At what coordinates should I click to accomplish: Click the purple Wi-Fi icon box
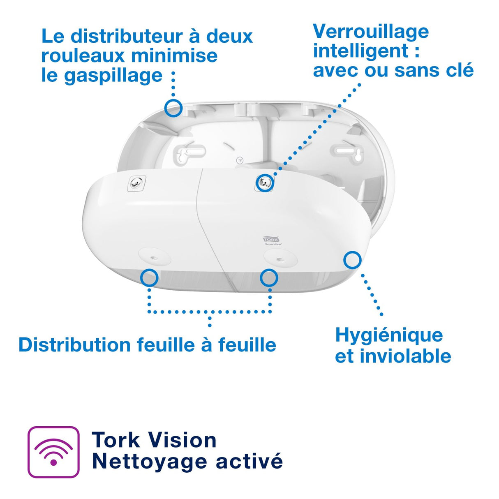point(53,452)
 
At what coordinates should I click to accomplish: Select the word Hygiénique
point(389,335)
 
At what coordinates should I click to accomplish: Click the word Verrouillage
point(371,32)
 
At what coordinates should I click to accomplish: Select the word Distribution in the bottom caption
point(75,344)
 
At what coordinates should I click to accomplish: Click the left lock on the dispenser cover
point(136,182)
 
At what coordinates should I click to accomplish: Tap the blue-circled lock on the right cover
point(265,182)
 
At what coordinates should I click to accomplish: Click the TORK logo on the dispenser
point(271,239)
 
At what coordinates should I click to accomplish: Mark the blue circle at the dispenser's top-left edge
point(173,108)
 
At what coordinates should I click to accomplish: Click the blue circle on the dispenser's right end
point(352,260)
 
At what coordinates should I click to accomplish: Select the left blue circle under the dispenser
point(149,277)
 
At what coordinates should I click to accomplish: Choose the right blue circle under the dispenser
point(269,278)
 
